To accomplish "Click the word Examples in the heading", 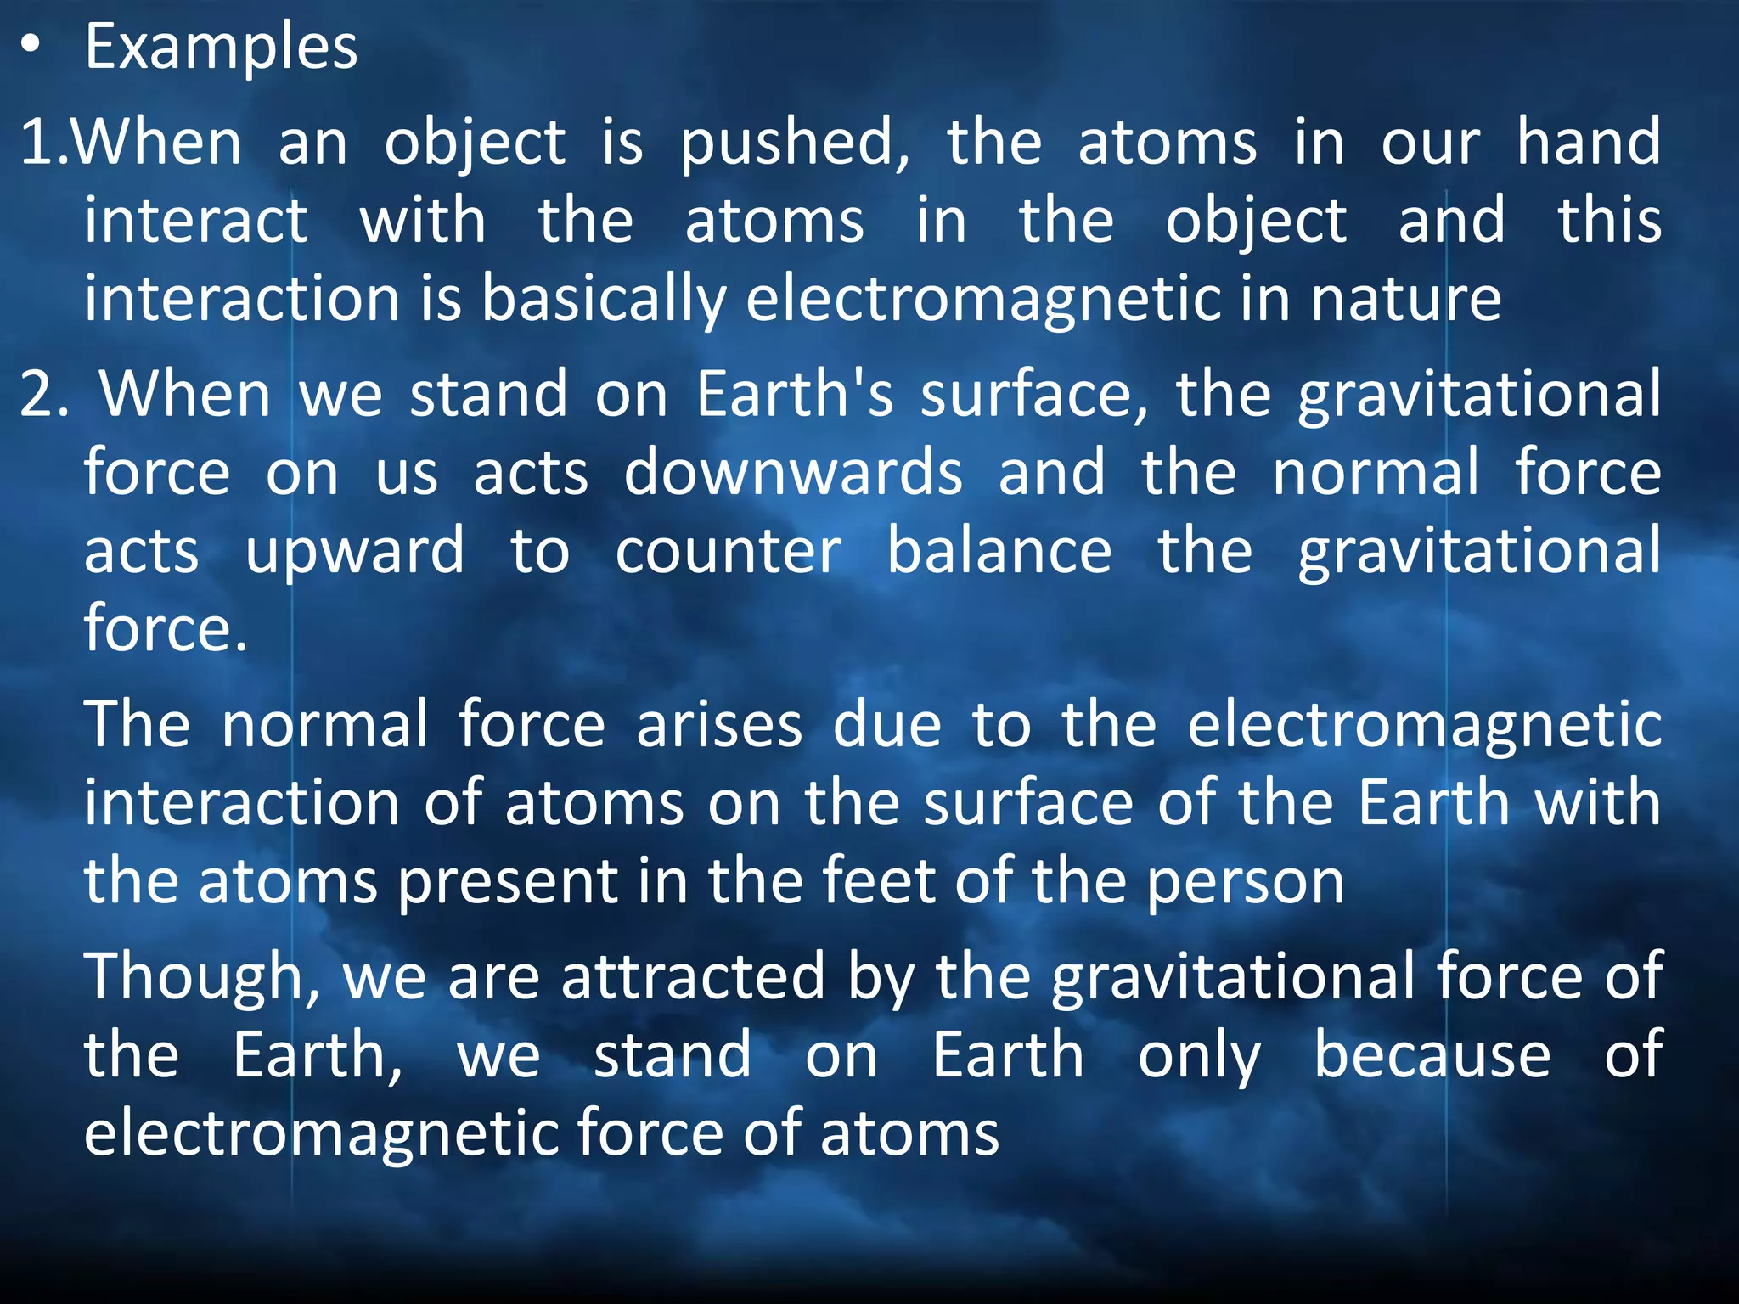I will click(x=221, y=48).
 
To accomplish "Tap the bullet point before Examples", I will click(x=31, y=48).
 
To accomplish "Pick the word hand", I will click(x=1589, y=142).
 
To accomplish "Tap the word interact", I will click(x=195, y=221).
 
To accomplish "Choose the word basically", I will click(x=604, y=301).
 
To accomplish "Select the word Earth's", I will click(x=795, y=395).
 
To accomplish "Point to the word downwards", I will click(x=793, y=473).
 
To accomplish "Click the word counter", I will click(x=728, y=552).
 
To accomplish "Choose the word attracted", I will click(x=693, y=976).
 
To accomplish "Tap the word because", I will click(x=1432, y=1055).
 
